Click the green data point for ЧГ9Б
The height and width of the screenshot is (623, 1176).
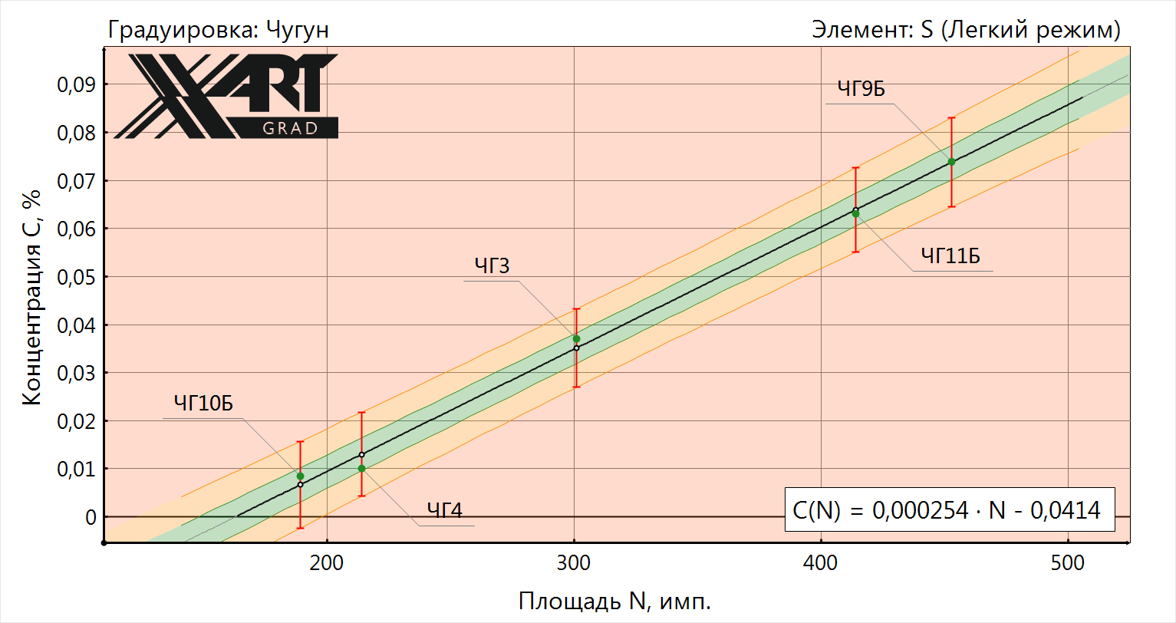point(951,161)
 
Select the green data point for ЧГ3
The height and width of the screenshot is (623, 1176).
point(576,338)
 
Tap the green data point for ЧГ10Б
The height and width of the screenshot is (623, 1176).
point(300,476)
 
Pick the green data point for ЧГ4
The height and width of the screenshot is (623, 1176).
point(361,468)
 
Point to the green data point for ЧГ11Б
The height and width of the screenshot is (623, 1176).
point(855,213)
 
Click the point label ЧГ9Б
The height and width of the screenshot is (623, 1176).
point(861,90)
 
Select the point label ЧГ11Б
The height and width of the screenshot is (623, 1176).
point(950,256)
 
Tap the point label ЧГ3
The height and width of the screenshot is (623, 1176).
point(492,266)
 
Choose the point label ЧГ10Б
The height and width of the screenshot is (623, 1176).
point(203,403)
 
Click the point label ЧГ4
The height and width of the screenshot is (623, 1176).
point(445,510)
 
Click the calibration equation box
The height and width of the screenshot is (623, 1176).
point(949,509)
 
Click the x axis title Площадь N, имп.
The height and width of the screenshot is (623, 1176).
point(615,601)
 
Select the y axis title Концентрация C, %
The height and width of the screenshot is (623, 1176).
point(31,296)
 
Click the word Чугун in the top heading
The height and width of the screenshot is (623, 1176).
point(298,30)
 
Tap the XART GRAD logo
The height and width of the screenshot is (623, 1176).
point(227,96)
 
